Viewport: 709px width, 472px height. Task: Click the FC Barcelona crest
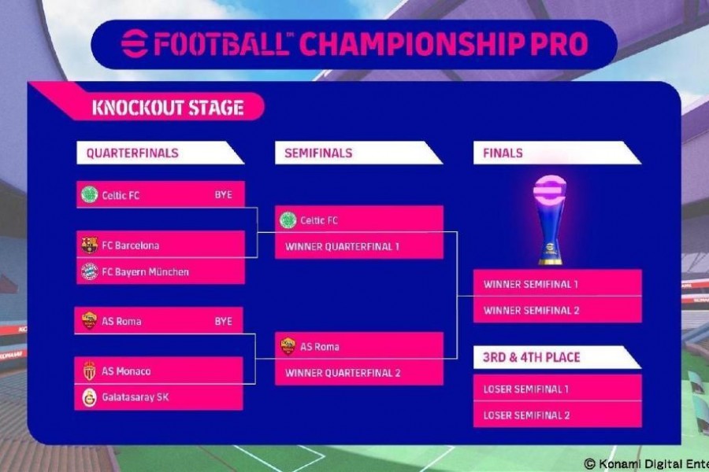(90, 245)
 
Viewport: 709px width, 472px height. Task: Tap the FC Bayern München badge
(90, 271)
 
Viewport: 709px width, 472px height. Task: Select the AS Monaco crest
(90, 371)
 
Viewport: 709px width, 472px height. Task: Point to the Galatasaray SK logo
(90, 397)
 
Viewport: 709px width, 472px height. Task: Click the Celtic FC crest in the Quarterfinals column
(90, 194)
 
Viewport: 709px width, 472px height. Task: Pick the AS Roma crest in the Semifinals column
(288, 346)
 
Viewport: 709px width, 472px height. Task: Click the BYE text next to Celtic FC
(224, 194)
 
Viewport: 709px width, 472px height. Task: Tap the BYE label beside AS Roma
(224, 321)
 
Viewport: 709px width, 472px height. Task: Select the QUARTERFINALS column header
(132, 153)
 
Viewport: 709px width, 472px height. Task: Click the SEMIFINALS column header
(318, 153)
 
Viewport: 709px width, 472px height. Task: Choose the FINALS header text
(503, 153)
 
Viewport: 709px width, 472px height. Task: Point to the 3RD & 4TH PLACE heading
(531, 357)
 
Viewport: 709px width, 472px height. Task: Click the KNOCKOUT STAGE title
(168, 108)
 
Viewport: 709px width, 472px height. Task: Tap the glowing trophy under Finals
(550, 220)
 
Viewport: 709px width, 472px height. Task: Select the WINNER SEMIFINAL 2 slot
(558, 310)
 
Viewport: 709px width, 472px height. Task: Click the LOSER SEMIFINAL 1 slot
(558, 388)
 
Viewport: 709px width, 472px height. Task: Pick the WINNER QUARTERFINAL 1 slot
(359, 245)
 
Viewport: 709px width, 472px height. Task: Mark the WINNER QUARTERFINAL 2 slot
(359, 372)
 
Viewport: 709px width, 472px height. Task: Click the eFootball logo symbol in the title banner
(134, 44)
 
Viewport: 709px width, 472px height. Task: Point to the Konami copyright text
(647, 464)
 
